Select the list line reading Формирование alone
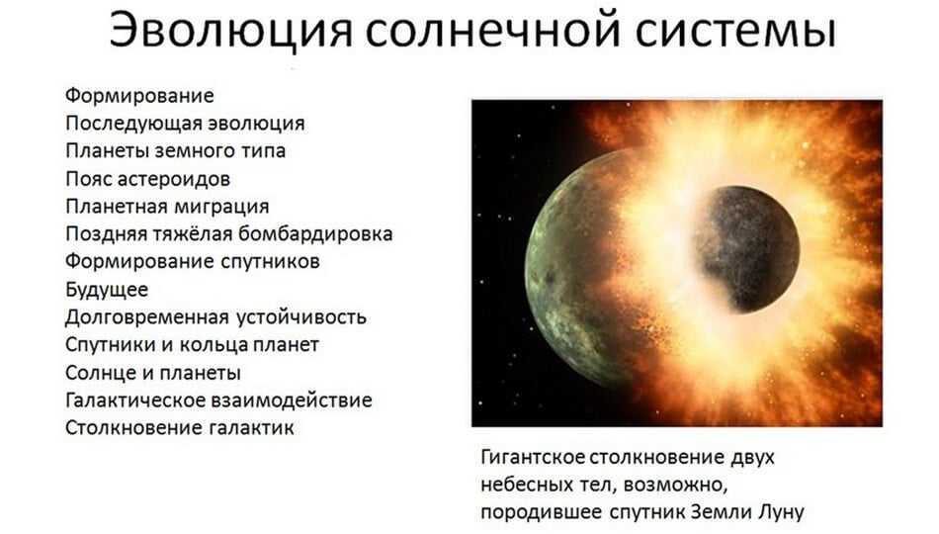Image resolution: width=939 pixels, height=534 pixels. [139, 96]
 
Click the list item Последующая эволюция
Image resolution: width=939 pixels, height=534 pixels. [185, 124]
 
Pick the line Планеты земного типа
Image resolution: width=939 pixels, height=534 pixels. [176, 151]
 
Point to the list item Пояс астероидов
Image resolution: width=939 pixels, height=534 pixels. [148, 179]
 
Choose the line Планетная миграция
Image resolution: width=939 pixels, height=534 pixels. [167, 207]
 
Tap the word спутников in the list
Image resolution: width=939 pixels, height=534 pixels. [270, 262]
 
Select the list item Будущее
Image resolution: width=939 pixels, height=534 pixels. [107, 290]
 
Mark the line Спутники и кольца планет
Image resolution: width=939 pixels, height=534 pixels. [192, 345]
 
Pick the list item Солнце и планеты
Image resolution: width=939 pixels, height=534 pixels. [152, 373]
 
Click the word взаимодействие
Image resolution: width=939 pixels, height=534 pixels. [293, 400]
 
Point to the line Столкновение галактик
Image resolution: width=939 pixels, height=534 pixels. [180, 428]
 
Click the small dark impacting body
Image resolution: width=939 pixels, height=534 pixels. [748, 249]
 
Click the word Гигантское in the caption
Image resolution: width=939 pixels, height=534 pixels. [533, 457]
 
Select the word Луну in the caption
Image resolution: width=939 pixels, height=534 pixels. [781, 512]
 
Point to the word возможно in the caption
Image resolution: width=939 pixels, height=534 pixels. [675, 485]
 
